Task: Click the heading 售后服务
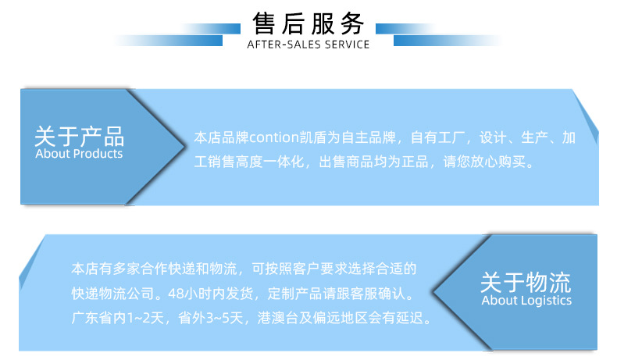click(x=308, y=24)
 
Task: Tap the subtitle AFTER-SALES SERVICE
click(x=308, y=45)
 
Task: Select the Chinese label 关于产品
click(x=79, y=136)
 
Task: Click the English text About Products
click(x=79, y=154)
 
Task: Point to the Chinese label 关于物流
click(x=526, y=282)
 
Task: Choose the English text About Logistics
click(x=526, y=301)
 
